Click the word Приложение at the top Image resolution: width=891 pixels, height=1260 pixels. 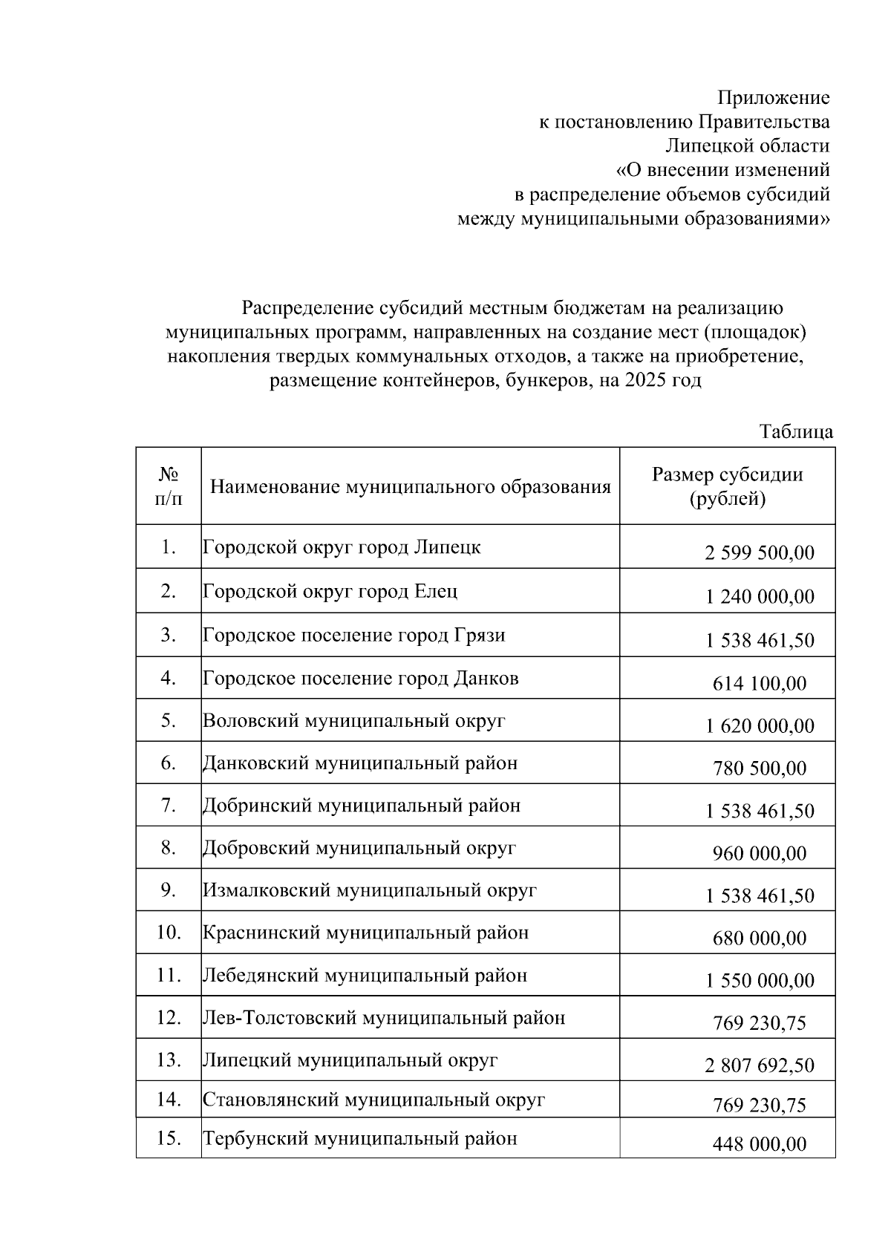(772, 97)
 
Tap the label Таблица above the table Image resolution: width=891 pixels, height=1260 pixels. (795, 431)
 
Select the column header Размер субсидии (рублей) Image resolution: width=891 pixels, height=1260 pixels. (727, 486)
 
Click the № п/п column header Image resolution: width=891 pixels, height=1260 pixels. (168, 486)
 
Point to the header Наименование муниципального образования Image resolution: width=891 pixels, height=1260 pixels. (410, 487)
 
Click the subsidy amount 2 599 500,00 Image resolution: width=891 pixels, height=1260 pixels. (759, 552)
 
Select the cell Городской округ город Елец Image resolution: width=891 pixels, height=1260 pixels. (330, 591)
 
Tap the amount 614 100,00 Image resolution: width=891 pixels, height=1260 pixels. (759, 683)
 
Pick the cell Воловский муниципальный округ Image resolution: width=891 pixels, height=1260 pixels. (353, 720)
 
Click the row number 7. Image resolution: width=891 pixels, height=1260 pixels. (168, 806)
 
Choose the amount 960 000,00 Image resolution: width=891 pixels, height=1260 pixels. (759, 853)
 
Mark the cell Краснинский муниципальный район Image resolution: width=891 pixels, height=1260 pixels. (365, 933)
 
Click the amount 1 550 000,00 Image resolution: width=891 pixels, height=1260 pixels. (759, 981)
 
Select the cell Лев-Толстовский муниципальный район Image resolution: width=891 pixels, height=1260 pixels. (384, 1017)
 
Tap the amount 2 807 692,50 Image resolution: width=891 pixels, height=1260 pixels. (759, 1065)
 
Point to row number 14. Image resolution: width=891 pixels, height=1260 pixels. (169, 1100)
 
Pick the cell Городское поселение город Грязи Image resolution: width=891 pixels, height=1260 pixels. (354, 635)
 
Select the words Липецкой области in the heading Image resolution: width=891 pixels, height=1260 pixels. (747, 146)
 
